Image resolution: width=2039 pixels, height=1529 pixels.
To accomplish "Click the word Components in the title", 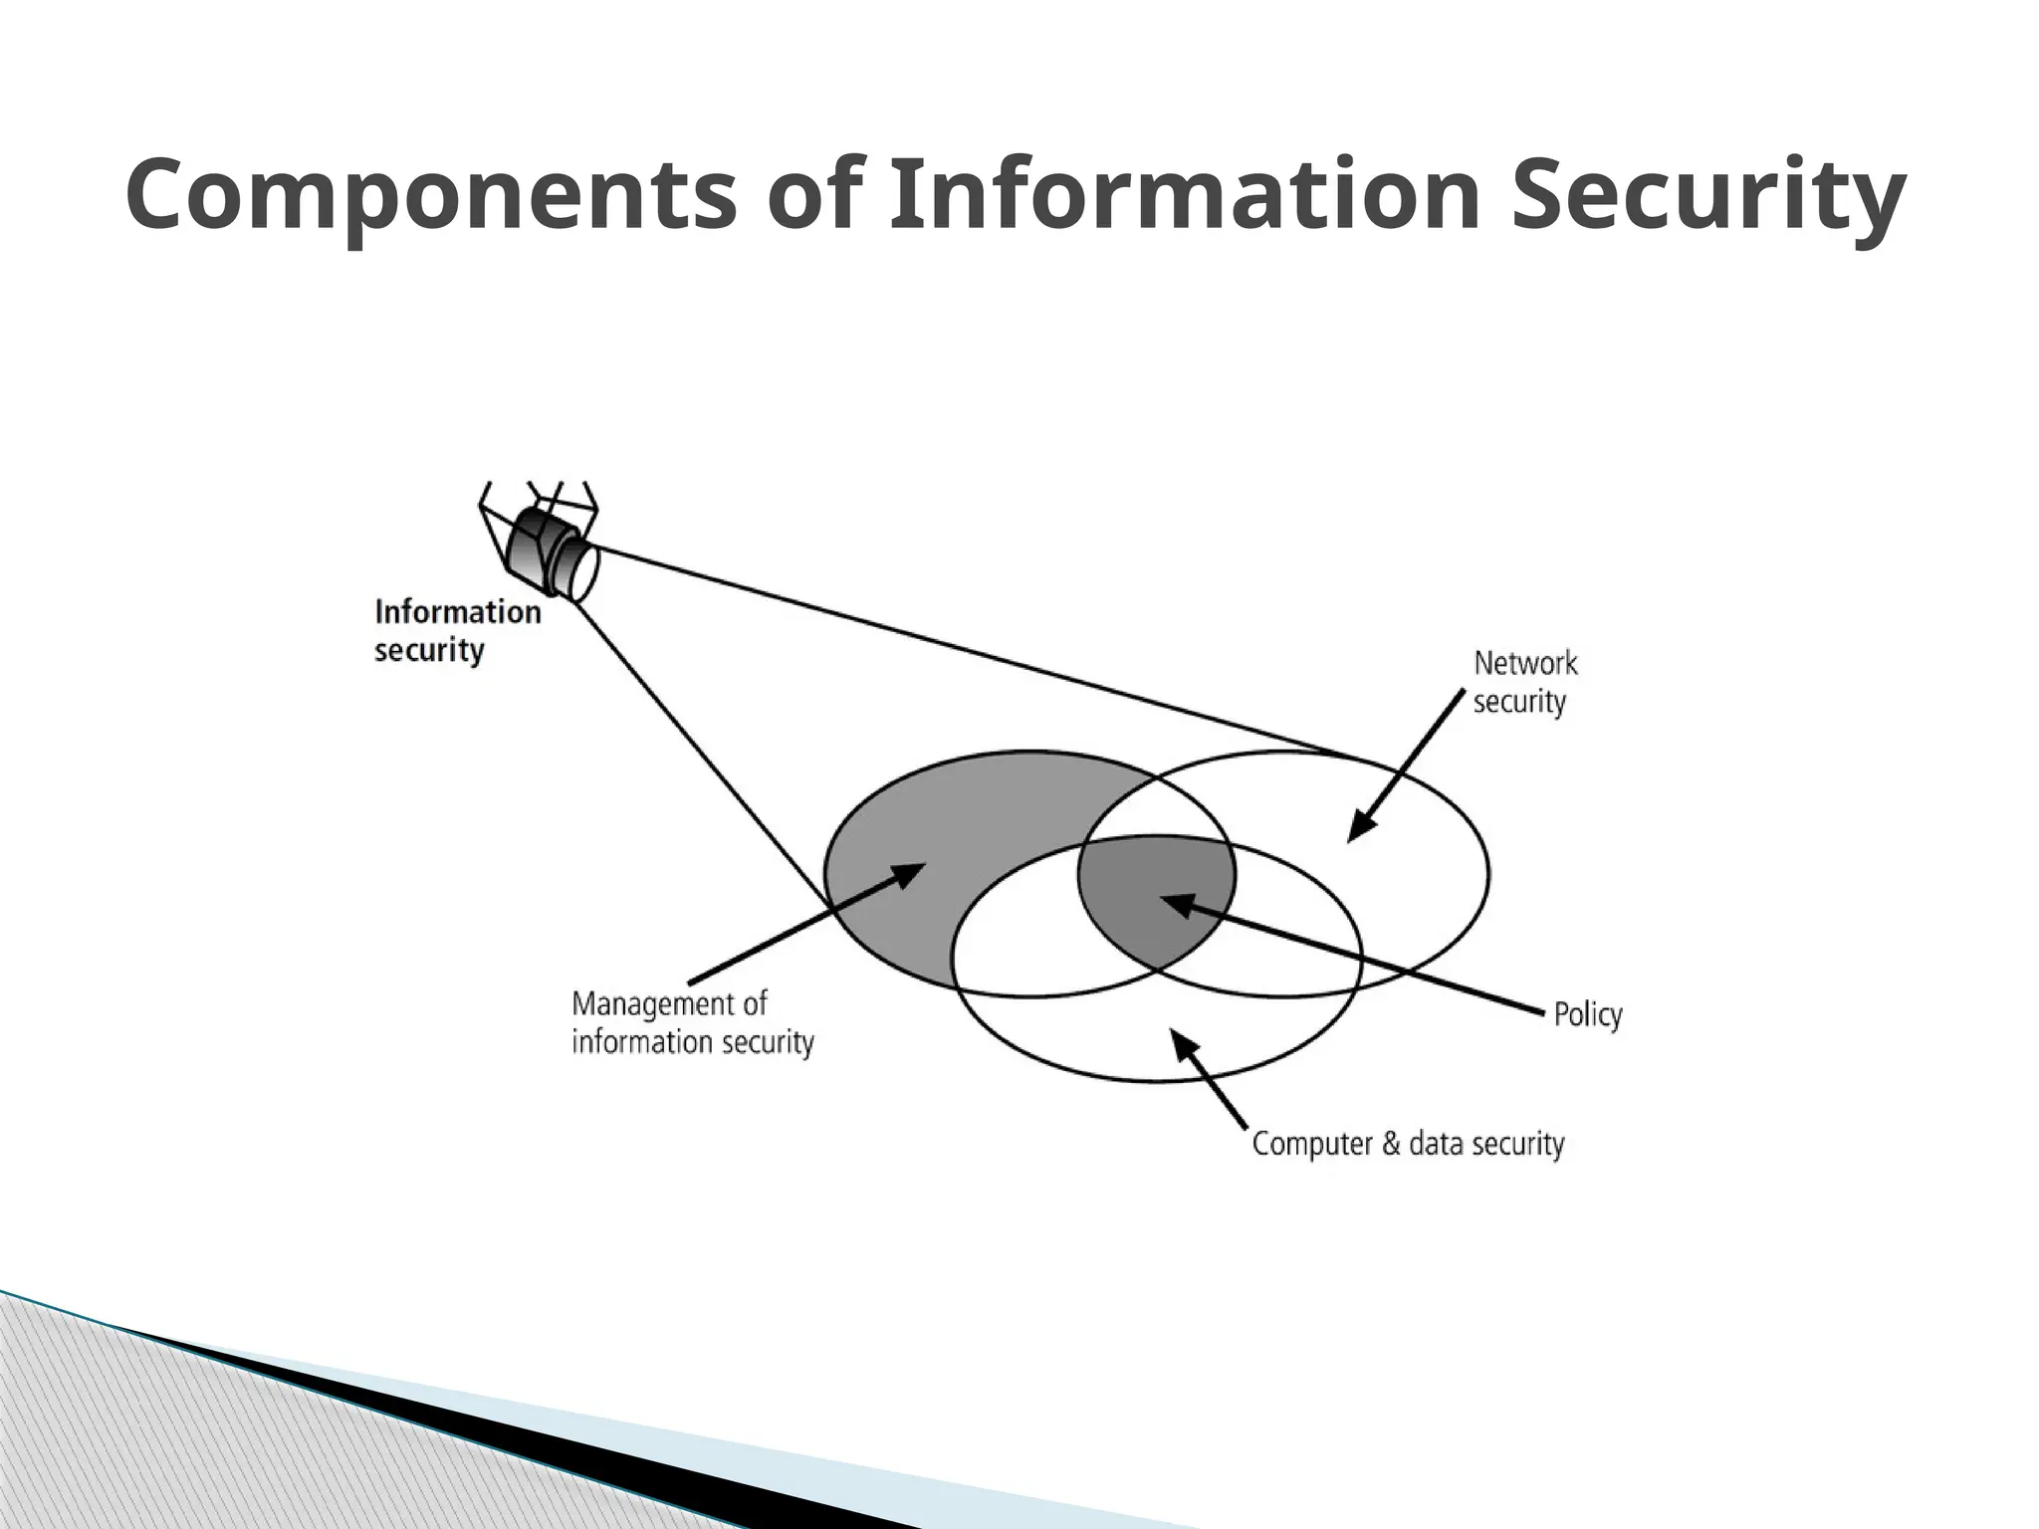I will coord(431,197).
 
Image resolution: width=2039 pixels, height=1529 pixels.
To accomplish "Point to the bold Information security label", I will coord(457,630).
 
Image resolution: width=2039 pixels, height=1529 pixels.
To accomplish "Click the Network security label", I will coord(1524,682).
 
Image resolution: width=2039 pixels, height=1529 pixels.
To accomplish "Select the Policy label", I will coord(1587,1014).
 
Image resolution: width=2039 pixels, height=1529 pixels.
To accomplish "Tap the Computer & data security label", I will coord(1407,1143).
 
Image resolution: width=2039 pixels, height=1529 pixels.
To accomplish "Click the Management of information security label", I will coord(692,1022).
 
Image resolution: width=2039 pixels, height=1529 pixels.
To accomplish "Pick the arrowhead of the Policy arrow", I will coord(1175,903).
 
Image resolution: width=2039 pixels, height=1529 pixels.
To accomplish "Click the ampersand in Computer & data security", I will coord(1390,1143).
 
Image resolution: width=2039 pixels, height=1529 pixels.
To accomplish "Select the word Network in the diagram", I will coord(1524,663).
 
